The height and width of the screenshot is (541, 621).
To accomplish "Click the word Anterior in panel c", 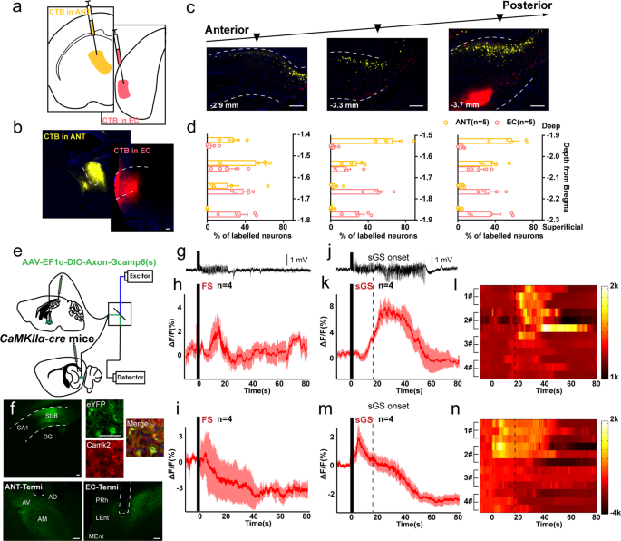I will (223, 26).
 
